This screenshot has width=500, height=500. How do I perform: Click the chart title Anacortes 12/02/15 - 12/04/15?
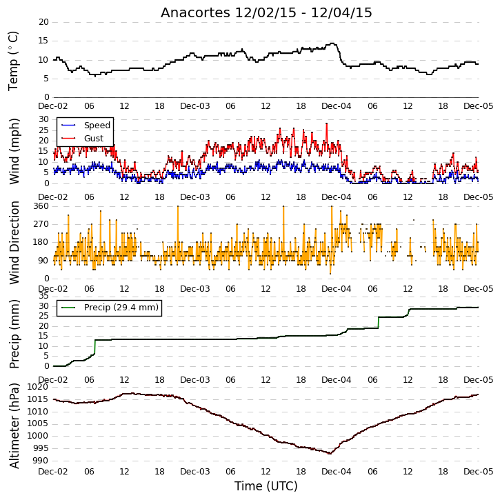(x=266, y=12)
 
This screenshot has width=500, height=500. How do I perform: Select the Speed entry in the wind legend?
(x=86, y=126)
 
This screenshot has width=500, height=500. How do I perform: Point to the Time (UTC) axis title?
(x=266, y=486)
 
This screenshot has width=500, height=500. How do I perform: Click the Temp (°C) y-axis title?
(x=13, y=61)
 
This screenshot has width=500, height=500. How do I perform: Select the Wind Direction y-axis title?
(x=14, y=243)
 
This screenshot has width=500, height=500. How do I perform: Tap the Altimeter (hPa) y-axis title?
(x=14, y=426)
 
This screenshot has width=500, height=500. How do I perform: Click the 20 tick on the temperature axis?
(x=43, y=22)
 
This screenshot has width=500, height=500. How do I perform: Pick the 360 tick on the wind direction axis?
(x=41, y=206)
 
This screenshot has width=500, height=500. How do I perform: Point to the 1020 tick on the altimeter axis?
(x=39, y=387)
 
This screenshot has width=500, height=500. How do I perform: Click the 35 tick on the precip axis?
(x=43, y=296)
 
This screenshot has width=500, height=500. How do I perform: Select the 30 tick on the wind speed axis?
(x=43, y=119)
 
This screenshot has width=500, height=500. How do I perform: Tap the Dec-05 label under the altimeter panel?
(x=479, y=471)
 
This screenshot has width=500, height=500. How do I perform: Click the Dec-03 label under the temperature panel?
(x=195, y=106)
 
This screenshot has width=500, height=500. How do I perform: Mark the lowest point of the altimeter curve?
(x=330, y=453)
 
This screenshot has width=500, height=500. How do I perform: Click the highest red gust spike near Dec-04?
(x=326, y=124)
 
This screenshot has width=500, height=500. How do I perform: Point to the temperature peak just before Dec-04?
(x=333, y=43)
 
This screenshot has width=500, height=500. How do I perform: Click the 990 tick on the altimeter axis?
(x=41, y=461)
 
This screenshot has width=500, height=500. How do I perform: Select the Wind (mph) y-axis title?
(x=14, y=151)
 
